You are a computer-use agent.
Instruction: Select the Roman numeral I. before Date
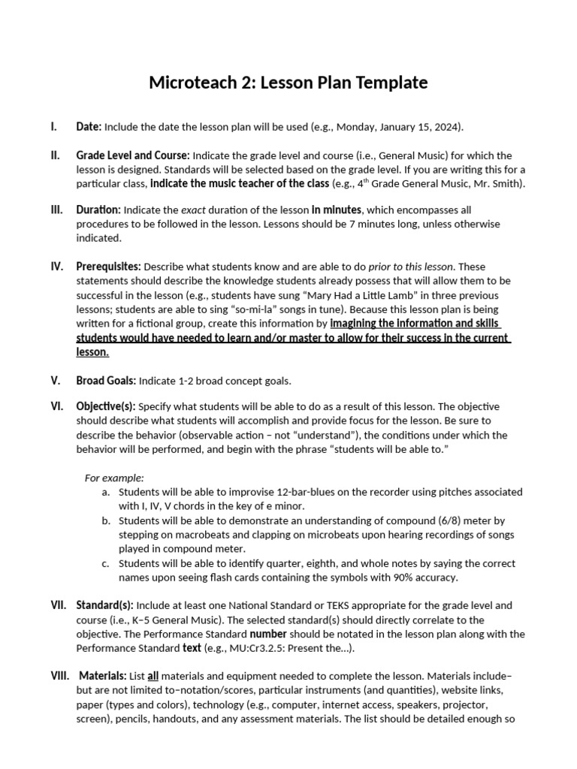click(54, 127)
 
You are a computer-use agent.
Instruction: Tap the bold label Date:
click(89, 127)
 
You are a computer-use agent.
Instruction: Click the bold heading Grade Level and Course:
click(133, 155)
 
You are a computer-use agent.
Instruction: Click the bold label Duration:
click(98, 210)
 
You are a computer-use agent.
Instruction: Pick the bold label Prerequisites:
click(108, 267)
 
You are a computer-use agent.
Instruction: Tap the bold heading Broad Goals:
click(106, 381)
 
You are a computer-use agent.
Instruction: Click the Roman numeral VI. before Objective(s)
click(57, 406)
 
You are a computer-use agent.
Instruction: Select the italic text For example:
click(114, 478)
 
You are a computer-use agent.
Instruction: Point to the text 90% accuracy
click(427, 578)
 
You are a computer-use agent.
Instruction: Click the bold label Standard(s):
click(104, 605)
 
